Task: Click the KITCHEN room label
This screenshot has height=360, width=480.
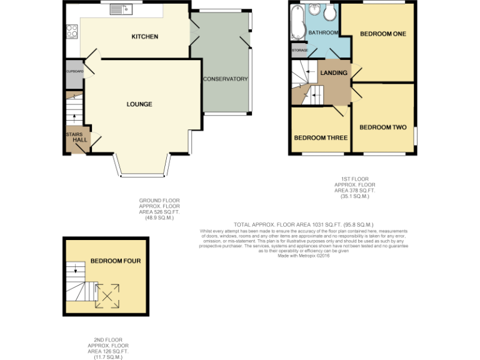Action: pyautogui.click(x=144, y=37)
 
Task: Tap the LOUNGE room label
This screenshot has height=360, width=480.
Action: pyautogui.click(x=139, y=104)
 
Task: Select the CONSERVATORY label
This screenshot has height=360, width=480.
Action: pyautogui.click(x=226, y=79)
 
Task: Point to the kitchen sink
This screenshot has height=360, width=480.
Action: pyautogui.click(x=119, y=9)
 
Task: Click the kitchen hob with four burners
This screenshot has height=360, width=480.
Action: pyautogui.click(x=71, y=29)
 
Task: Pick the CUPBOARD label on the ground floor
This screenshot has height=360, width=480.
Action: pyautogui.click(x=74, y=71)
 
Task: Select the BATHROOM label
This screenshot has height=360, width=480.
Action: pyautogui.click(x=322, y=32)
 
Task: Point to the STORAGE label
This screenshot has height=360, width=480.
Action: pyautogui.click(x=300, y=50)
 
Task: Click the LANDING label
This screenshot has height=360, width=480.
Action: pyautogui.click(x=334, y=73)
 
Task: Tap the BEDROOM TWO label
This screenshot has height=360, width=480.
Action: pyautogui.click(x=382, y=127)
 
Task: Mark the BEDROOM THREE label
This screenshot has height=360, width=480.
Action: pyautogui.click(x=321, y=138)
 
